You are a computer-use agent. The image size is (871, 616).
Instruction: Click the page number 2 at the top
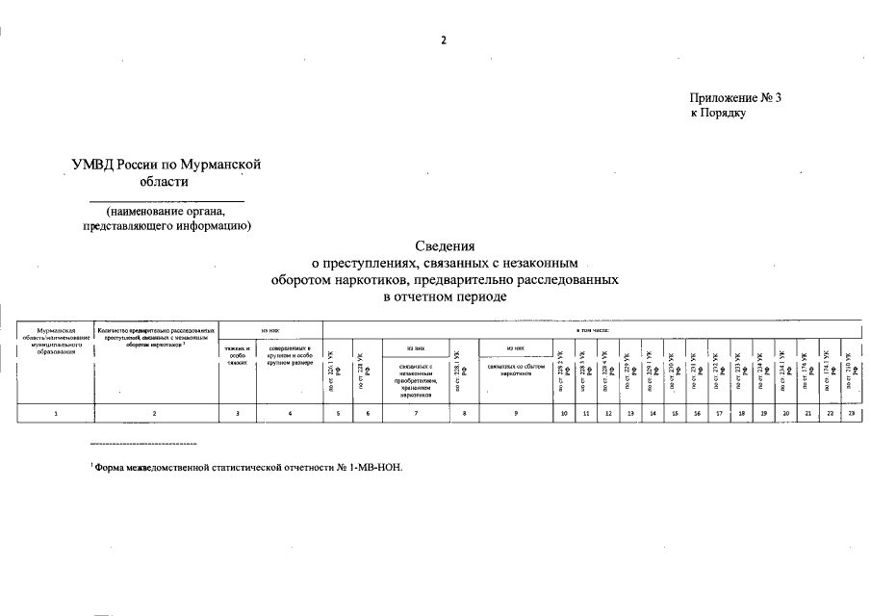(444, 39)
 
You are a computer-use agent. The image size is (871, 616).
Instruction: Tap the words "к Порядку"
(718, 114)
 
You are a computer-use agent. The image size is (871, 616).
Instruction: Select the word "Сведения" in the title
(446, 246)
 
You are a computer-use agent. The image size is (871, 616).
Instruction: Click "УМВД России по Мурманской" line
(167, 165)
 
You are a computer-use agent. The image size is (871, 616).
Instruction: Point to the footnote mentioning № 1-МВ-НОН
(247, 467)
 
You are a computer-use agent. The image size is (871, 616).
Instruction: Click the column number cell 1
(56, 413)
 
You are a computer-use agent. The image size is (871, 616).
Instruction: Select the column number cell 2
(155, 413)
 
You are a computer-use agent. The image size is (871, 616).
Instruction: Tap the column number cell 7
(413, 413)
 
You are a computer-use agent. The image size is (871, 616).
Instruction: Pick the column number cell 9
(516, 413)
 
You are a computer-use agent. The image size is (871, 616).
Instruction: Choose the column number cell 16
(697, 413)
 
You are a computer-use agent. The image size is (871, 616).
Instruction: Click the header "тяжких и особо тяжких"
(237, 355)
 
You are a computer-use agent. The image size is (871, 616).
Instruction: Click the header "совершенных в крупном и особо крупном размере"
(290, 355)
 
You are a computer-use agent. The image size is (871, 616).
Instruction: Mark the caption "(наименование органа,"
(166, 212)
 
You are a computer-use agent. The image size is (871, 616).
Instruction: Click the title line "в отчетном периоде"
(446, 295)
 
